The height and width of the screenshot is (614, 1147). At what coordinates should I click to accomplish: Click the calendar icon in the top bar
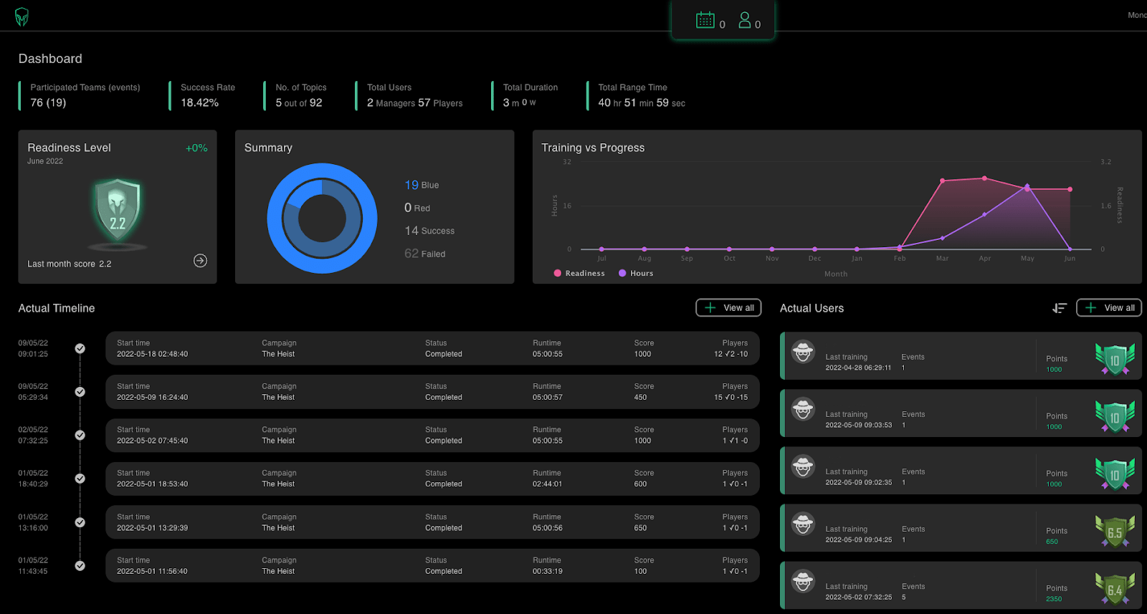pyautogui.click(x=705, y=20)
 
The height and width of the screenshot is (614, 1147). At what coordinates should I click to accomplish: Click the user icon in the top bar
pyautogui.click(x=745, y=20)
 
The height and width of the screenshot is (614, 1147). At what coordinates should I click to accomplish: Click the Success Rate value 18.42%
pyautogui.click(x=199, y=102)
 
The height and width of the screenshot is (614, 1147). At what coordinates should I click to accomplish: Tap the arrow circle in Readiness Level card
pyautogui.click(x=200, y=261)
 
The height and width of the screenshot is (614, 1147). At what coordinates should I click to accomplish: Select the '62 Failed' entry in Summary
pyautogui.click(x=424, y=254)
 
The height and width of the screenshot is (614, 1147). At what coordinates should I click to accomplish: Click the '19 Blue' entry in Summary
pyautogui.click(x=422, y=185)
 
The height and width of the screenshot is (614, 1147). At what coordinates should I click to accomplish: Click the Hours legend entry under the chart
pyautogui.click(x=636, y=273)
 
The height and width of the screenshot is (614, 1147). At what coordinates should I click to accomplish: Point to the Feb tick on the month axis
pyautogui.click(x=900, y=258)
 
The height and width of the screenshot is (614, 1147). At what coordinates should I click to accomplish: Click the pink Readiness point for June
pyautogui.click(x=1070, y=189)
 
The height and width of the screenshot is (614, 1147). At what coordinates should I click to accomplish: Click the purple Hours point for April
pyautogui.click(x=984, y=214)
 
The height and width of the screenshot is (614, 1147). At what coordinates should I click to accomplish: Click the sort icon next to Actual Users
pyautogui.click(x=1060, y=308)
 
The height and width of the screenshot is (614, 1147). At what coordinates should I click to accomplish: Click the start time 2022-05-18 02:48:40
pyautogui.click(x=152, y=354)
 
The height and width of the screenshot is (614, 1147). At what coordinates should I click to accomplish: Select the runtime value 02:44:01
pyautogui.click(x=547, y=484)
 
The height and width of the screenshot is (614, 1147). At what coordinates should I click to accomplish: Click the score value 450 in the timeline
pyautogui.click(x=640, y=398)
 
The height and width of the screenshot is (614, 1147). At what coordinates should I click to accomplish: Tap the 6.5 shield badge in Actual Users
pyautogui.click(x=1115, y=532)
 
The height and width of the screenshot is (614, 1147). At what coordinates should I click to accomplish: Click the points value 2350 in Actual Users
pyautogui.click(x=1054, y=599)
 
